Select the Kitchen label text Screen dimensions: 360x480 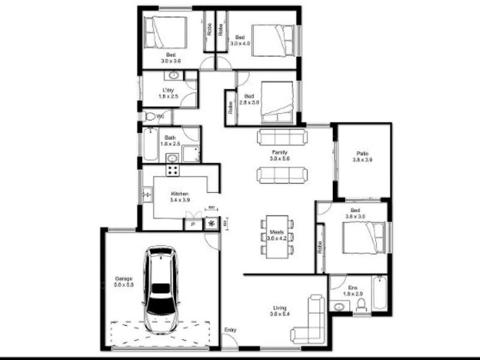coord(180,194)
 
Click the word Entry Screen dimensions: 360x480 coord(230,330)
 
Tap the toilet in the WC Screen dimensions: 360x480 coord(149,116)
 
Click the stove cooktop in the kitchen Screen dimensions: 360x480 coord(172,170)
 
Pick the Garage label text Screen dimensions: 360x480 coord(124,278)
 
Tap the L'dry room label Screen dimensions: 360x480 coord(169,90)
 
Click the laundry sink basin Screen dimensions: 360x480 coord(174,76)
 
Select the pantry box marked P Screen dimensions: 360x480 coord(193,224)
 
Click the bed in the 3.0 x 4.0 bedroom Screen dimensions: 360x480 coord(273,39)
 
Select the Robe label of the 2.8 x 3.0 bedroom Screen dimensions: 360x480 coord(230,108)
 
